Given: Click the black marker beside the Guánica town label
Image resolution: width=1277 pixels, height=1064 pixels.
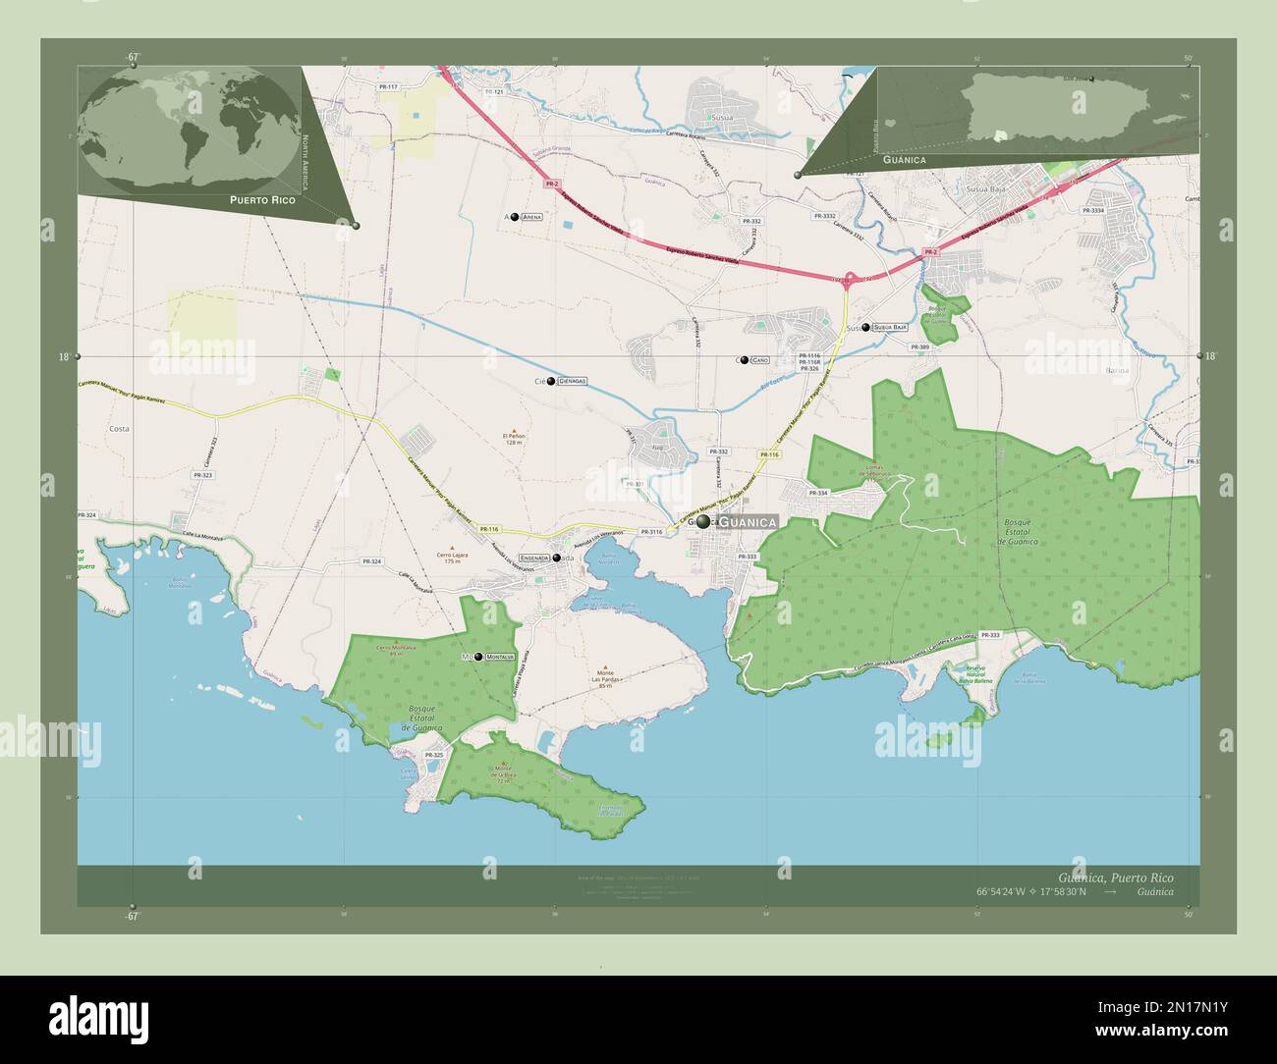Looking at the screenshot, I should point(703,522).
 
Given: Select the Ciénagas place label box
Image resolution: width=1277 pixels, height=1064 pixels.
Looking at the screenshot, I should point(572,381).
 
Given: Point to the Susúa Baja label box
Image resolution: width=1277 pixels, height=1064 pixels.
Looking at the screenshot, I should point(890,326).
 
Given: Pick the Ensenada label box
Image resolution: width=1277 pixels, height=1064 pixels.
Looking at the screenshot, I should point(534,558).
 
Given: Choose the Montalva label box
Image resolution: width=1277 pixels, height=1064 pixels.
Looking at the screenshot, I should point(500,657).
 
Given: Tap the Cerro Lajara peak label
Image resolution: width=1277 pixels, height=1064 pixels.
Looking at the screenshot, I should point(452,557).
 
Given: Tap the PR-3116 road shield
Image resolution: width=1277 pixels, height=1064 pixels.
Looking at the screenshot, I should point(651,531).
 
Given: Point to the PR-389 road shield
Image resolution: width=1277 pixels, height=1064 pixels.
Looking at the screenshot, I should point(919,347).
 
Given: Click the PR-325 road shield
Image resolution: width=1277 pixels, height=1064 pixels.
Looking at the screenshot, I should point(433,754).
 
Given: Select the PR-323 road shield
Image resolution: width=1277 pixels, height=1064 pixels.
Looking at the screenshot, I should point(203,475).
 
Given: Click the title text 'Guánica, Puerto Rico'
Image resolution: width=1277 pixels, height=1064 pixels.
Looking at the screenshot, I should point(1115,877).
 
